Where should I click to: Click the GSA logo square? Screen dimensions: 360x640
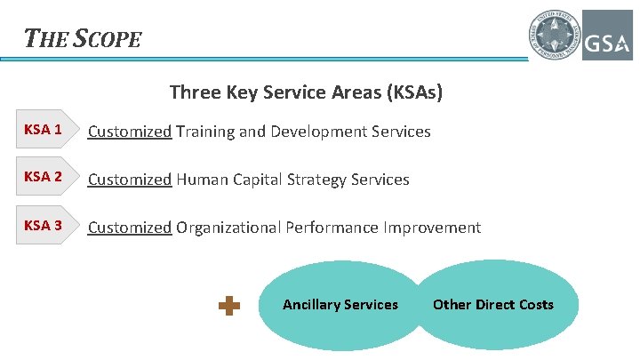pos(607,35)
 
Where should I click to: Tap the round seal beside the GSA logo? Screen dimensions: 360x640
pos(556,35)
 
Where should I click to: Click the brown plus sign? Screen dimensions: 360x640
pos(229,306)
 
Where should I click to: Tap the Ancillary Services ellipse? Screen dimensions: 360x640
pos(340,305)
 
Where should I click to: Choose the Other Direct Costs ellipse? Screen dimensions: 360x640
pos(493,305)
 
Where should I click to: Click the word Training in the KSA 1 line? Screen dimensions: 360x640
pos(205,132)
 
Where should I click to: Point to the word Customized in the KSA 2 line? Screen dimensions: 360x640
pos(130,180)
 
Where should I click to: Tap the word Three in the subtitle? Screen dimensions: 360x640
pos(191,92)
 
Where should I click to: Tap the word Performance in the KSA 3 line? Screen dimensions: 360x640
pos(332,228)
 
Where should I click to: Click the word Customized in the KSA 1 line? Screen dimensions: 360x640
pos(130,132)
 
